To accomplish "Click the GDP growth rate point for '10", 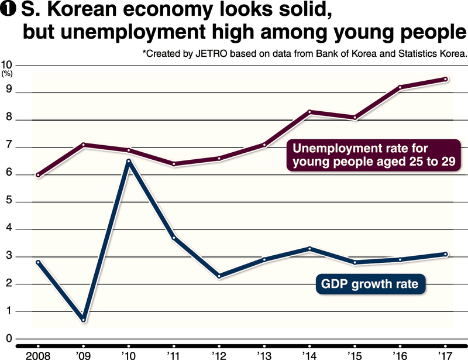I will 129,161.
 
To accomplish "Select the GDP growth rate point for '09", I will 84,320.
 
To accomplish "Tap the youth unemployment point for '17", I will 445,79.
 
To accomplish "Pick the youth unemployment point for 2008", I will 39,175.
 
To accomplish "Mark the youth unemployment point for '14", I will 309,112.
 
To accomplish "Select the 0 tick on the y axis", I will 9,339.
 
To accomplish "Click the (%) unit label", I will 8,74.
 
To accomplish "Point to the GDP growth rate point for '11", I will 174,238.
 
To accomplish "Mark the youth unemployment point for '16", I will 400,88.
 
